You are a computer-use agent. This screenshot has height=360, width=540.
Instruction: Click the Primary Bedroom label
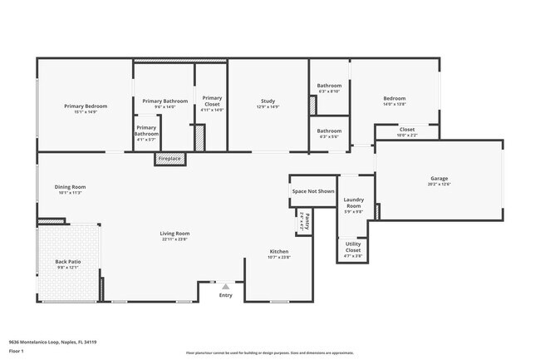[86, 106]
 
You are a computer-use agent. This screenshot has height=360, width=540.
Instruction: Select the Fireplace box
[170, 158]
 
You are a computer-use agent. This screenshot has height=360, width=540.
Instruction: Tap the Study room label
[268, 101]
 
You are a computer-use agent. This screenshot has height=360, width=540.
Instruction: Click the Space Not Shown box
[313, 191]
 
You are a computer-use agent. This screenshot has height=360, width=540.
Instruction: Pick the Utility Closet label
[353, 248]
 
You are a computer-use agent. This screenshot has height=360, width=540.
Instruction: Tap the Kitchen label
[279, 251]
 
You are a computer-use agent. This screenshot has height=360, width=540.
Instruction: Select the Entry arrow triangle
[224, 285]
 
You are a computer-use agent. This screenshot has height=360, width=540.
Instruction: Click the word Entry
[226, 295]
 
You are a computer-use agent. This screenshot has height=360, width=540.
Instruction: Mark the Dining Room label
[70, 187]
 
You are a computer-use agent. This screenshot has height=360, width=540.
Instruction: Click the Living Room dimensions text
[175, 239]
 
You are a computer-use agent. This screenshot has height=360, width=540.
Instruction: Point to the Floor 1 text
[15, 352]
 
